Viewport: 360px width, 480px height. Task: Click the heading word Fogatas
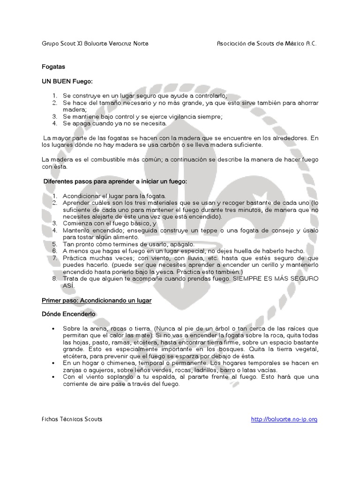click(x=53, y=67)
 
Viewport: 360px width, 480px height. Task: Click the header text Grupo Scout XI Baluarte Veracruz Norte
click(x=95, y=44)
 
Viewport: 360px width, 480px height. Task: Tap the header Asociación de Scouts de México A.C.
click(x=267, y=44)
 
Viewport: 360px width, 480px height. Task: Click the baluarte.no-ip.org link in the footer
click(x=284, y=419)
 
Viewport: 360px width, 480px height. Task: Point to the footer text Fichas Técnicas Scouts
click(x=72, y=419)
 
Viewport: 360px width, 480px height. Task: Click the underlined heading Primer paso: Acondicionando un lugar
click(x=97, y=300)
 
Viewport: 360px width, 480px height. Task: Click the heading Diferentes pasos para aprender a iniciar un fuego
click(x=115, y=181)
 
